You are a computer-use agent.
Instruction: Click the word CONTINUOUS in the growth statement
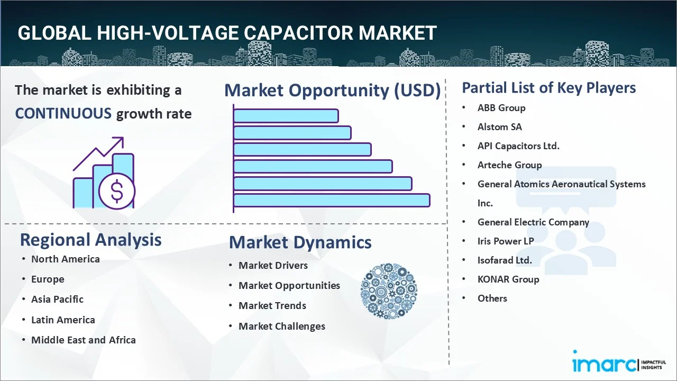coord(63,113)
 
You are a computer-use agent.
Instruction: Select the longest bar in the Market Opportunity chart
coord(332,200)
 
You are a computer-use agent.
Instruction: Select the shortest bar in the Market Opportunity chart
coord(286,115)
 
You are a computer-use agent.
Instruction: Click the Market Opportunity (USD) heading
coord(332,90)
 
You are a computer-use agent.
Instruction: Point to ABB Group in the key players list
coord(501,108)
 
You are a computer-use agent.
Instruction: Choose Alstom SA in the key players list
coord(499,127)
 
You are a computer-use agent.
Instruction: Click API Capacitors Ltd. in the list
coord(518,146)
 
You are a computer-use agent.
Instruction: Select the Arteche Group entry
coord(509,165)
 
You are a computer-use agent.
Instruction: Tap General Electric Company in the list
coord(533,222)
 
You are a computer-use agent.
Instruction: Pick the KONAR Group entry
coord(508,279)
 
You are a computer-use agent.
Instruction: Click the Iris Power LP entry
coord(505,241)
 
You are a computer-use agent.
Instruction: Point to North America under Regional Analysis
coord(65,259)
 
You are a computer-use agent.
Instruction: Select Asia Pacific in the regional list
coord(57,299)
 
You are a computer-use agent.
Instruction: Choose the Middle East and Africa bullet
coord(83,340)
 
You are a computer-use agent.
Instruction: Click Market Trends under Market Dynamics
coord(272,306)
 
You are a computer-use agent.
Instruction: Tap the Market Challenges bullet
coord(281,326)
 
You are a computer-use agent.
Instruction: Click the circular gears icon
coord(389,291)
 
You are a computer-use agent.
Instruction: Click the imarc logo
coord(605,364)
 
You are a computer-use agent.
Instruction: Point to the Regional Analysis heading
coord(90,240)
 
